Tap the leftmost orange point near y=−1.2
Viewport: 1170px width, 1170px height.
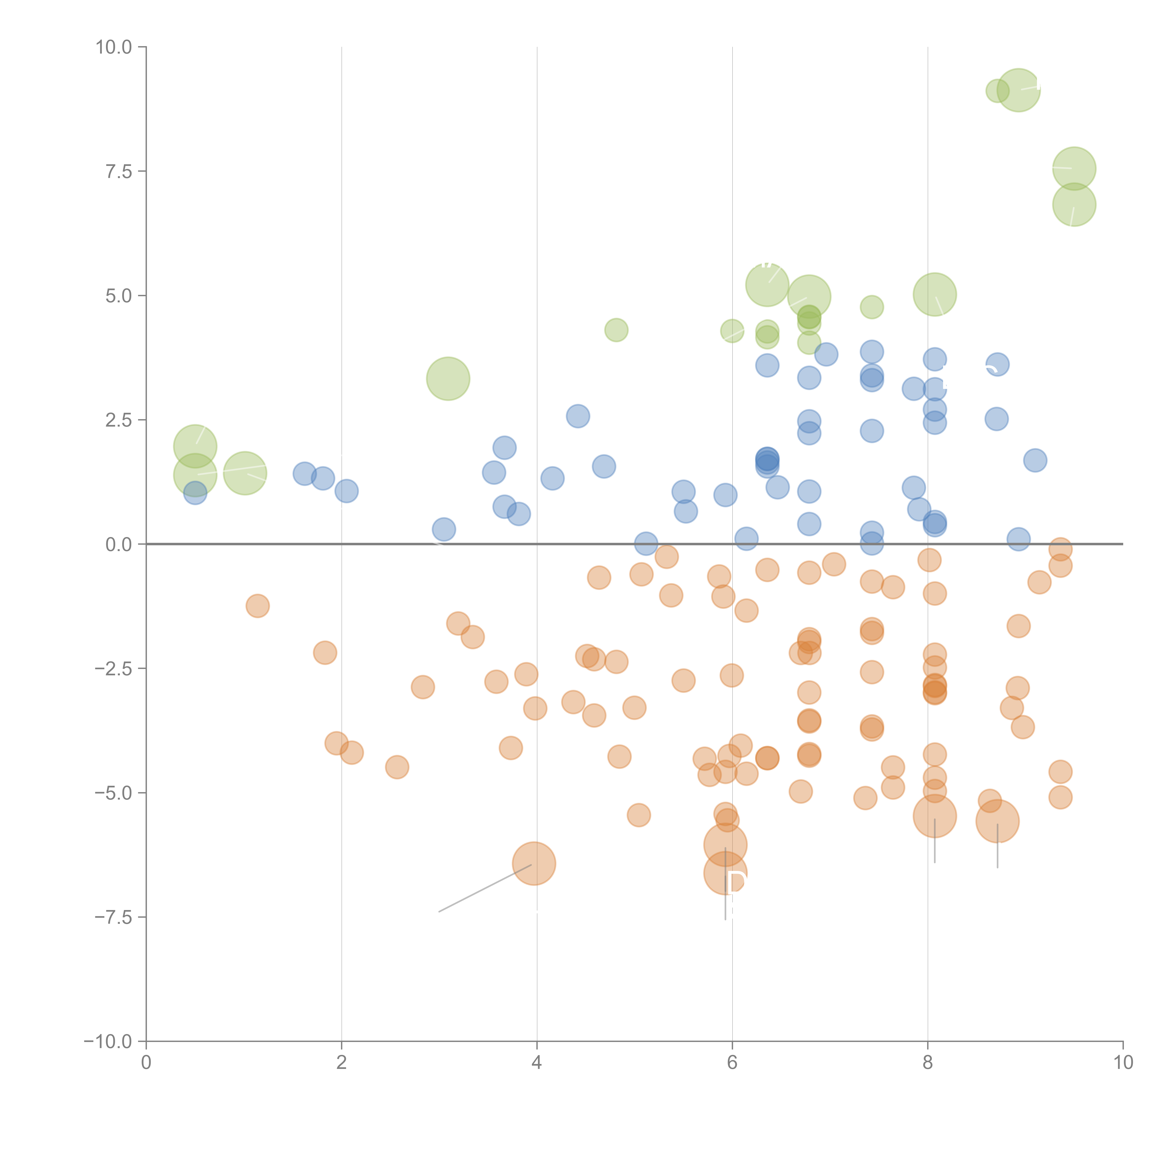[x=257, y=606]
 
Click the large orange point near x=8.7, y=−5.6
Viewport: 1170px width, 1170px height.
[x=997, y=821]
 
